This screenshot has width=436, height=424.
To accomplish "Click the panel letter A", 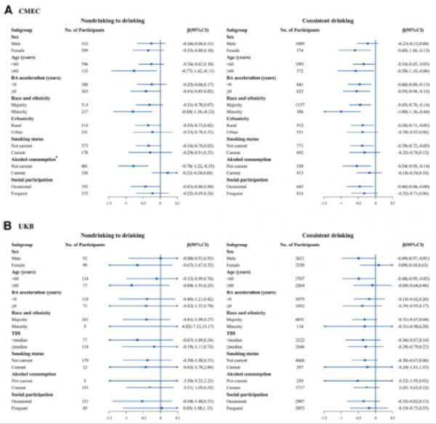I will pos(6,7).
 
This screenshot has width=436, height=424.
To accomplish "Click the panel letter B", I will pos(6,216).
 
